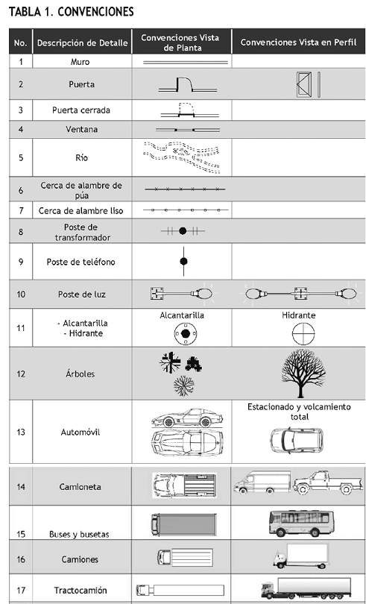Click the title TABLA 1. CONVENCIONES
[71, 11]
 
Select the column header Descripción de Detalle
[82, 43]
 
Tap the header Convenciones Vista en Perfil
[298, 43]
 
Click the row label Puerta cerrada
[81, 110]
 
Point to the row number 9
[21, 262]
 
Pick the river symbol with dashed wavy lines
[181, 157]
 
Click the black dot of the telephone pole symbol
[184, 262]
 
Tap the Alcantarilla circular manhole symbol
[186, 333]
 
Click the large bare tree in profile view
[303, 373]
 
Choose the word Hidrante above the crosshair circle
[299, 315]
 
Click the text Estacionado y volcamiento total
[299, 412]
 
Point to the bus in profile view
[301, 523]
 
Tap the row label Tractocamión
[81, 590]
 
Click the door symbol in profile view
[308, 84]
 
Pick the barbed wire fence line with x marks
[185, 189]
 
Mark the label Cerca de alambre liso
[81, 211]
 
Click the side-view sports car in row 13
[187, 418]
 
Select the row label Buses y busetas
[79, 534]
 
